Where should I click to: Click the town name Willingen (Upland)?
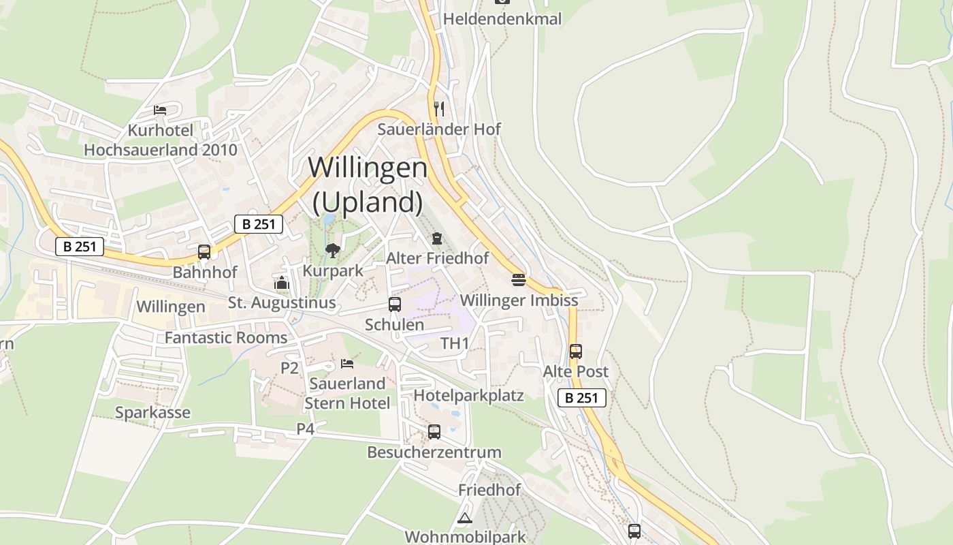(x=368, y=185)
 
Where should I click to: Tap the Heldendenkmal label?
(x=502, y=19)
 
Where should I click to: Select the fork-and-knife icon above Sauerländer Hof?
(x=439, y=108)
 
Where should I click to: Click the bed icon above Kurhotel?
(x=160, y=110)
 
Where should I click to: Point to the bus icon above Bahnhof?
(x=204, y=252)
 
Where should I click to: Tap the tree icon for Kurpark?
(x=332, y=251)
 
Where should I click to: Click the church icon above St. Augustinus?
(x=281, y=283)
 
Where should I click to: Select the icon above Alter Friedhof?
(x=436, y=238)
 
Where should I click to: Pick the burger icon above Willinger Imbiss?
(x=519, y=280)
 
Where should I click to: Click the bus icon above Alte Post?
(x=576, y=352)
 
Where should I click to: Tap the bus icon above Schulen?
(x=395, y=305)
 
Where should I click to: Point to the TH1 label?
(x=455, y=343)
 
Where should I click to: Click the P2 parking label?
(x=290, y=368)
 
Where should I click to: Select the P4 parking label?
(x=306, y=429)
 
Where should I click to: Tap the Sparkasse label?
(x=152, y=413)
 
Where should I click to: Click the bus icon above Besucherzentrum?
(x=434, y=432)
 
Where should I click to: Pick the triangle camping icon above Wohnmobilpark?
(x=465, y=518)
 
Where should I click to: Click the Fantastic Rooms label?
(x=226, y=338)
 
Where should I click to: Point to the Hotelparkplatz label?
(x=469, y=395)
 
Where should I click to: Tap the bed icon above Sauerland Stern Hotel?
(x=347, y=364)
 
